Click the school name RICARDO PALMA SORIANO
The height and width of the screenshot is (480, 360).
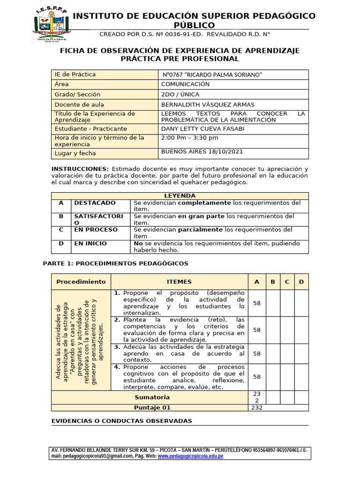(212, 75)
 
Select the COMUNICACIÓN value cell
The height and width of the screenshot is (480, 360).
(185, 84)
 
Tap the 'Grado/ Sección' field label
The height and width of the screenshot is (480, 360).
(77, 94)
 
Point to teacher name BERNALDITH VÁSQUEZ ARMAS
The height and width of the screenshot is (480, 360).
(208, 105)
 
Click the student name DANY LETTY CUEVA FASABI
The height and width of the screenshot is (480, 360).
(202, 128)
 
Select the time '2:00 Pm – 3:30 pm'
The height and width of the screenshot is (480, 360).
(189, 138)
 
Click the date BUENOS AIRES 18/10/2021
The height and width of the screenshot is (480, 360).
(202, 152)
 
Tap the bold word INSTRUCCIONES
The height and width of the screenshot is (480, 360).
(80, 169)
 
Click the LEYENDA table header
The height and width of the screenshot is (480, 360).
(180, 195)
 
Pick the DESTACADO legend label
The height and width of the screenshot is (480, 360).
(95, 203)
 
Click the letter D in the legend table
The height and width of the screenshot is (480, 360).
(60, 243)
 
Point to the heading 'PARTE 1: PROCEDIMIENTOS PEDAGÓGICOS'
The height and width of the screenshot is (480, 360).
(115, 263)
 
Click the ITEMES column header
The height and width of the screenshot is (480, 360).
(179, 281)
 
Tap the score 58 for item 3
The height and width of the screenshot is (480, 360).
(256, 353)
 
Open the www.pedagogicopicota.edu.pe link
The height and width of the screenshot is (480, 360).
(190, 456)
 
